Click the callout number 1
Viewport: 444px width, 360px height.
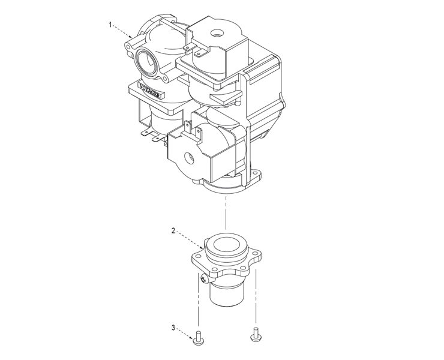[110, 25]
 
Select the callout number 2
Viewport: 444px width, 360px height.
[173, 230]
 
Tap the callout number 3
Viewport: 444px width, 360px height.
[173, 328]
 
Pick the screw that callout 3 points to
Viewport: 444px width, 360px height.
[198, 338]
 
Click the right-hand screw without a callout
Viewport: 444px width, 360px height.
[256, 334]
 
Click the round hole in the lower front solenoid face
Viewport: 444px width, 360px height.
[188, 158]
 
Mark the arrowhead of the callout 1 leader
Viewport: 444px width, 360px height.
[131, 37]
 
